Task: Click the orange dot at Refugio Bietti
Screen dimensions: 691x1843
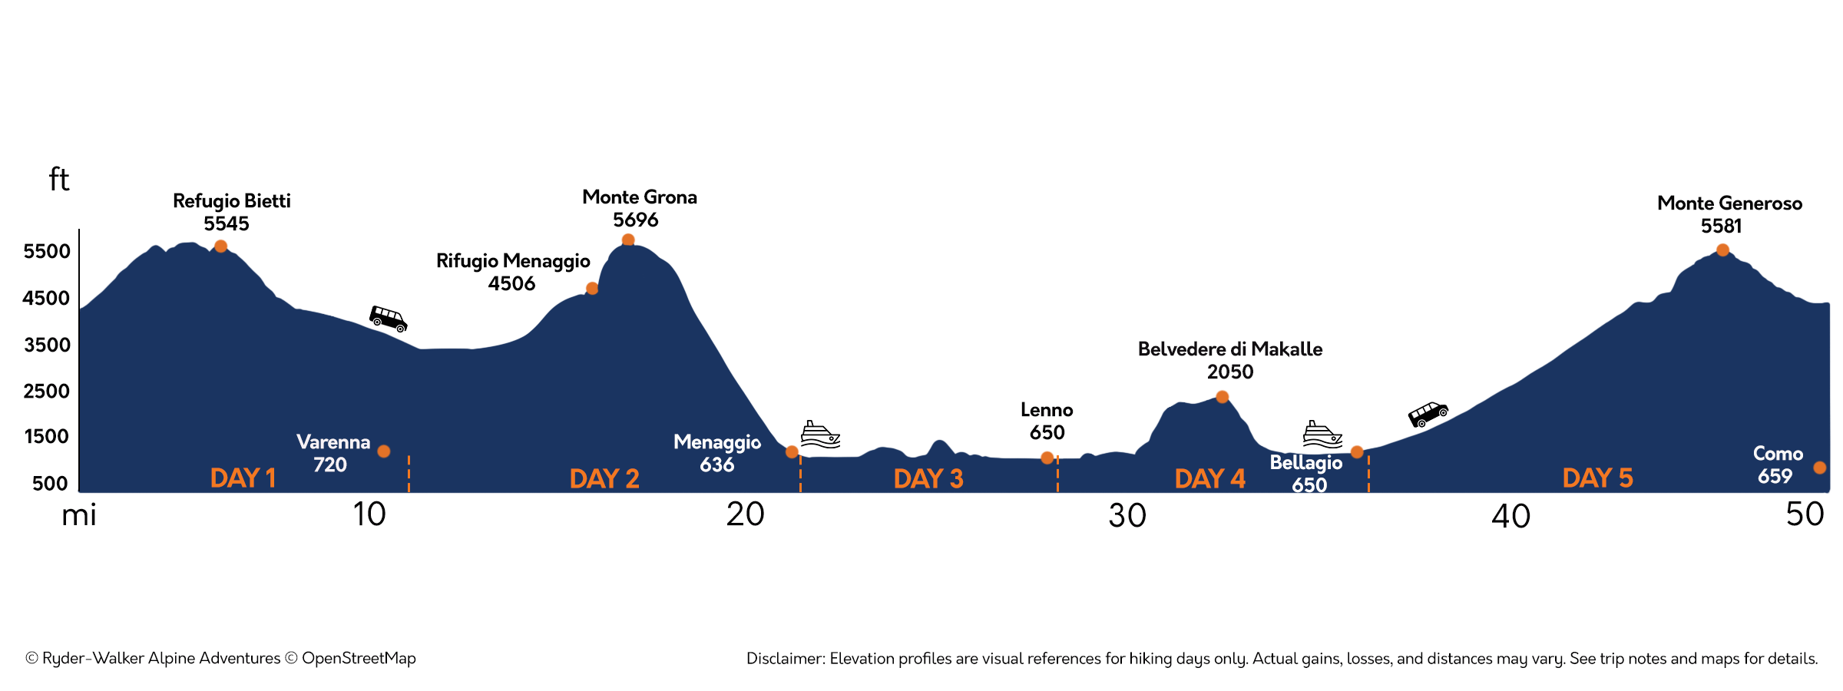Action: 220,246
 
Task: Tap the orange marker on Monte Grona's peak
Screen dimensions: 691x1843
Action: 628,240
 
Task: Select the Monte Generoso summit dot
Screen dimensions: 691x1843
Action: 1722,250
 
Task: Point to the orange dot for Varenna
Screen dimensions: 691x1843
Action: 384,451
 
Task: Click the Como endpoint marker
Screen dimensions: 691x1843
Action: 1819,468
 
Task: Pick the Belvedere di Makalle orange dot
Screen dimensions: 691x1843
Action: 1223,397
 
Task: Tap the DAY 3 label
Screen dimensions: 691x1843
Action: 928,479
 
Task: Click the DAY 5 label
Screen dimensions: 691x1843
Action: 1597,478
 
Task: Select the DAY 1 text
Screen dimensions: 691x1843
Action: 243,478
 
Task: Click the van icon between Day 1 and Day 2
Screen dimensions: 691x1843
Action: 389,318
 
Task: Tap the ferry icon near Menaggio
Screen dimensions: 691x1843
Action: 820,435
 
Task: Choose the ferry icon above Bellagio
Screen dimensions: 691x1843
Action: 1322,435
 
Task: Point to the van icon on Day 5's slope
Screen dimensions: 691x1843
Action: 1428,414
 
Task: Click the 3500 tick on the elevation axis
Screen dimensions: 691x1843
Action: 47,345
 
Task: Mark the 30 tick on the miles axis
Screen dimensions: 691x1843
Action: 1127,516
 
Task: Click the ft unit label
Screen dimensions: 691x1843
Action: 59,180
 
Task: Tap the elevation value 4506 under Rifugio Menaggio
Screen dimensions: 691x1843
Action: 511,284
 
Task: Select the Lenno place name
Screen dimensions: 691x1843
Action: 1047,410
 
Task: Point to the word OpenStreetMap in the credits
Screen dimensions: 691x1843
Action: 359,659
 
